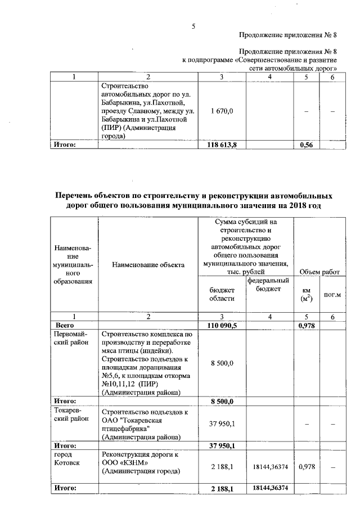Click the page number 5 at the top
click(x=193, y=25)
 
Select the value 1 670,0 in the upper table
click(x=223, y=111)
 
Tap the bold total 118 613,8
click(x=223, y=145)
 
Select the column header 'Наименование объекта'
click(x=148, y=264)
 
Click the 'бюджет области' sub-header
click(x=222, y=293)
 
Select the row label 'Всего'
click(x=64, y=325)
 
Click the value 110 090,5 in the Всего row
click(x=223, y=325)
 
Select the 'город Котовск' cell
click(x=66, y=458)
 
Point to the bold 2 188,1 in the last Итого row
click(x=223, y=488)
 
